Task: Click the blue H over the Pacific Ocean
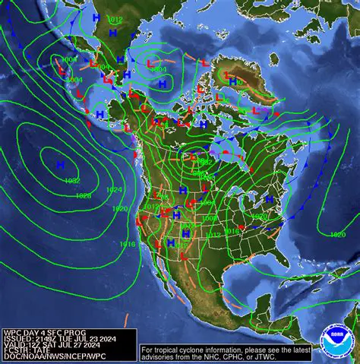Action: tap(59, 163)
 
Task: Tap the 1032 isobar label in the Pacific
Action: tap(72, 180)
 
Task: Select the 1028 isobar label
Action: tap(83, 195)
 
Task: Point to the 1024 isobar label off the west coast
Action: tap(114, 189)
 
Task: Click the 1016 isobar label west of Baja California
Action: tap(128, 244)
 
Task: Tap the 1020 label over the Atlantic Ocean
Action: tap(338, 234)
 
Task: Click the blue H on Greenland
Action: tap(233, 81)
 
